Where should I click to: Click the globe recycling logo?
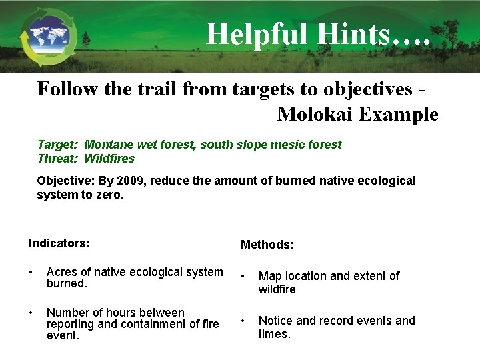coord(48,37)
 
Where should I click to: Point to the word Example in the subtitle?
coord(398,115)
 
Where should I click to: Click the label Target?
coord(58,145)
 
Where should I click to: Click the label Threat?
coord(58,159)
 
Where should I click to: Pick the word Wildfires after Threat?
coord(109,159)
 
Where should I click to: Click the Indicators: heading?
coord(59,243)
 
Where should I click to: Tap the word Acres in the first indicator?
coord(62,272)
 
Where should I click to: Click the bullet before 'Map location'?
coord(243,276)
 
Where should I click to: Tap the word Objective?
coord(66,181)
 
